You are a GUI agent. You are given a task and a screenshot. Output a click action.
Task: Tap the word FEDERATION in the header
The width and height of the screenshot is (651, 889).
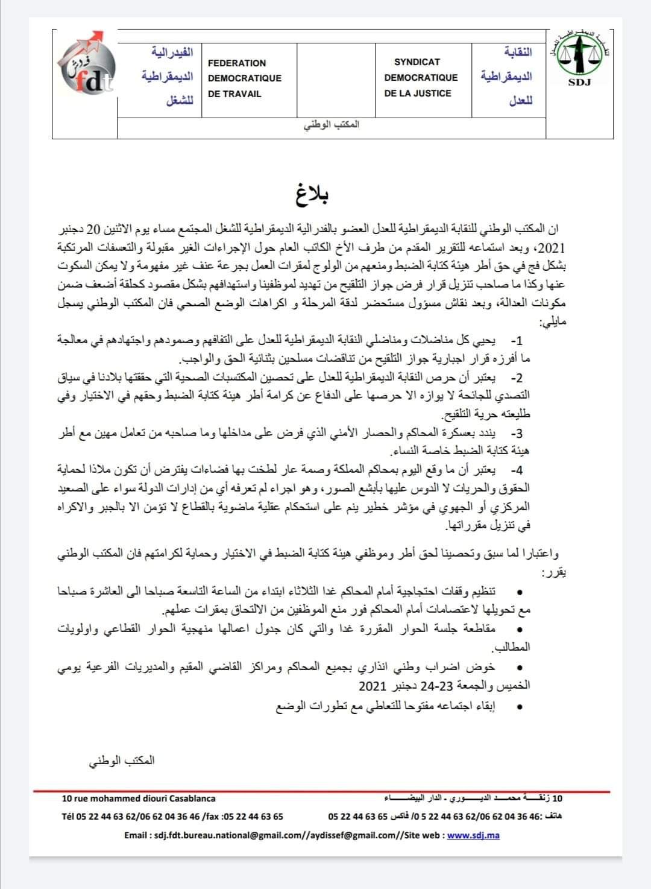click(236, 63)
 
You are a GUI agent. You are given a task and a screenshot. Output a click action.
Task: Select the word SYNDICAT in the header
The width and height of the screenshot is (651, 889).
click(417, 62)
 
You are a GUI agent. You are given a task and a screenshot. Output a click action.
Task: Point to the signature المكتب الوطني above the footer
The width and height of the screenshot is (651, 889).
click(122, 760)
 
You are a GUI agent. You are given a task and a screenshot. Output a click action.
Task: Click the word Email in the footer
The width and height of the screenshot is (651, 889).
click(136, 835)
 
